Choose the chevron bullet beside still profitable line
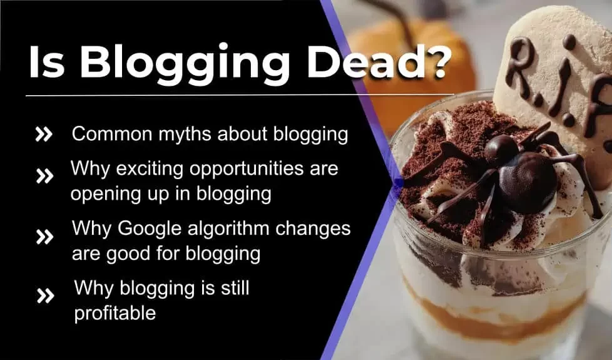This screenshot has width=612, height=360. coord(45,296)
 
